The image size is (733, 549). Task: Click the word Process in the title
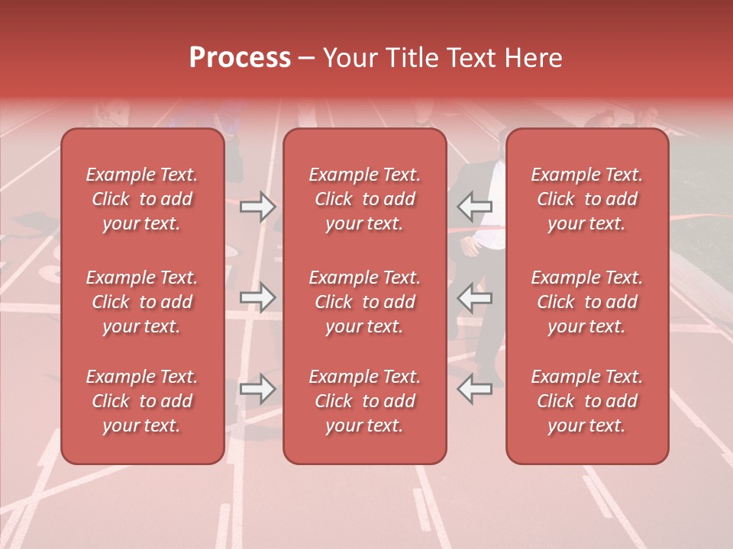click(x=240, y=58)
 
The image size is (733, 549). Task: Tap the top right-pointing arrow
click(x=257, y=206)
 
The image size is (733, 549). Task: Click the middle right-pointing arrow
click(x=257, y=297)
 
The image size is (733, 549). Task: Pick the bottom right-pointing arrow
click(x=257, y=389)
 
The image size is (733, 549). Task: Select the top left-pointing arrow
click(x=475, y=206)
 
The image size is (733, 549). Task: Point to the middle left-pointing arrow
click(x=475, y=297)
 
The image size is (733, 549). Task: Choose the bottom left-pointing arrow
click(x=475, y=389)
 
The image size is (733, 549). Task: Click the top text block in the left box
click(x=142, y=199)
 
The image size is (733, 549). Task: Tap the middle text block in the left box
click(x=142, y=302)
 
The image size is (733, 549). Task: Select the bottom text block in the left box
click(x=142, y=401)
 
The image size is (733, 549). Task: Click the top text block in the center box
click(x=365, y=199)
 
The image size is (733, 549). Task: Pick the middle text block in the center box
click(x=365, y=302)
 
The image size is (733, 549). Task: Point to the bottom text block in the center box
click(x=365, y=401)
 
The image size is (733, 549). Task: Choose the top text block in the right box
click(x=587, y=199)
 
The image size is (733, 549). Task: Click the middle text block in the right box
click(x=587, y=302)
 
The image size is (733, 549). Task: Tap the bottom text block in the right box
click(x=587, y=401)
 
